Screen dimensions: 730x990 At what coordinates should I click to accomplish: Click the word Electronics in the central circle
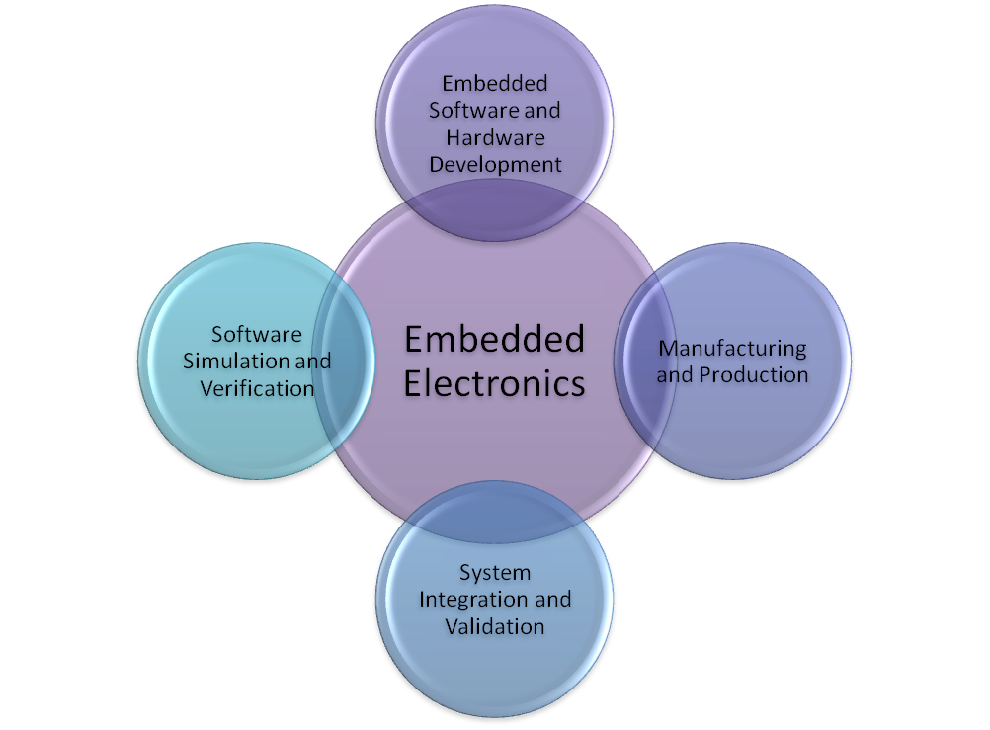pos(494,383)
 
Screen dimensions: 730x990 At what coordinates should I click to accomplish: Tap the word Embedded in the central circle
pos(494,340)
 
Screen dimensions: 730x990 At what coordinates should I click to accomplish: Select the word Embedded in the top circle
pos(494,83)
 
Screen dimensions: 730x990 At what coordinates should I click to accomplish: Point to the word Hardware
pos(494,137)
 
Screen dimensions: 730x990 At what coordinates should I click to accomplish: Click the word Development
pos(494,164)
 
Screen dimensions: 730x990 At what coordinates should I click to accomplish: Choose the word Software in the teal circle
pos(257,334)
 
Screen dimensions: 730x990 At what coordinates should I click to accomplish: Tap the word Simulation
pos(238,361)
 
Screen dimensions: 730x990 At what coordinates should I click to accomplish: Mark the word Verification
pos(257,388)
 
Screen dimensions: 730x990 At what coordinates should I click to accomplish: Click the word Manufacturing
pos(732,348)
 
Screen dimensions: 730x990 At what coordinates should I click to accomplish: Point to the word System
pos(494,573)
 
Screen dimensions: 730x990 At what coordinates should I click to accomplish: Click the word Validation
pos(494,626)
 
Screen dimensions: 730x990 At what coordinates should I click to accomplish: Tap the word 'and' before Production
pos(675,375)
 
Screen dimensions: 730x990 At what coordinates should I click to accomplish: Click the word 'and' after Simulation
pos(313,361)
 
